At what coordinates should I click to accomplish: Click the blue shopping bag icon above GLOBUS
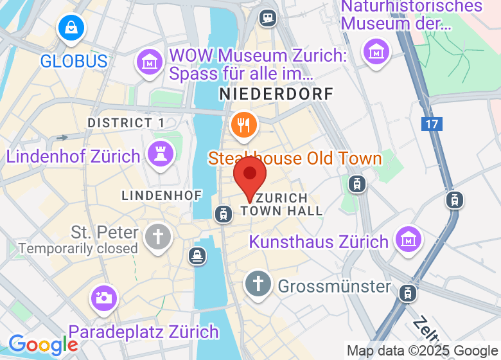71,28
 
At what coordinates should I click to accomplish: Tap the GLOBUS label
73,61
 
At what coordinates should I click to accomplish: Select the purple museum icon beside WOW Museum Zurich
149,62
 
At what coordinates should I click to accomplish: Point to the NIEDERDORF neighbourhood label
276,94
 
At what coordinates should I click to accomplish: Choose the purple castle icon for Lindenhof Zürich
160,153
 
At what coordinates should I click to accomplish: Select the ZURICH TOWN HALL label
281,204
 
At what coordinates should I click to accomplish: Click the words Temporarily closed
78,248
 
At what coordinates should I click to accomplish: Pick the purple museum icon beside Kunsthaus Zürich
409,239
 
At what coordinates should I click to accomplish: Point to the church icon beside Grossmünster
258,282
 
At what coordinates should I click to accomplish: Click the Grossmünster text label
334,285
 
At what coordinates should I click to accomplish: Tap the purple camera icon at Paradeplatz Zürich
103,297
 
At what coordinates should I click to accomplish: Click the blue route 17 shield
432,123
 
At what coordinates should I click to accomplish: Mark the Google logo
42,345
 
